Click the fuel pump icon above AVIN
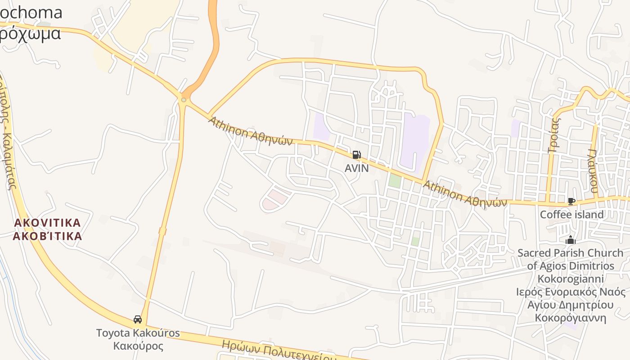tap(356, 155)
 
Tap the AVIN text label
tap(356, 168)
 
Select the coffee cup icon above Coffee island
tap(571, 201)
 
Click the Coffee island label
tap(571, 215)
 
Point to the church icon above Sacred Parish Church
tap(571, 240)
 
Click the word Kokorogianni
tap(571, 279)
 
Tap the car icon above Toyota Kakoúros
tap(138, 319)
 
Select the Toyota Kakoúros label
tap(138, 333)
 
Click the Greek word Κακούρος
tap(138, 346)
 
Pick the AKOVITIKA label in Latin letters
tap(47, 223)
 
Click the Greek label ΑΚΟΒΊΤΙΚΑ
tap(47, 236)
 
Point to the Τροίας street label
tap(554, 135)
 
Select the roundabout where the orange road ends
tap(184, 99)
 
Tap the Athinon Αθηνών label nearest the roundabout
tap(250, 131)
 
